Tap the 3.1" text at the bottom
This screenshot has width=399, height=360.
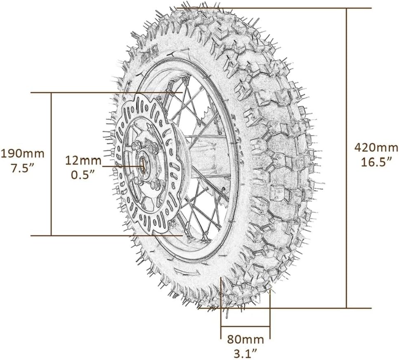click(x=246, y=353)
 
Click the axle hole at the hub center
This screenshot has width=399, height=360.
click(x=145, y=165)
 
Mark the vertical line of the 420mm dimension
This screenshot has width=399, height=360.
click(x=346, y=206)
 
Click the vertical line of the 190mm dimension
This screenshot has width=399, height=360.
click(x=51, y=198)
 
